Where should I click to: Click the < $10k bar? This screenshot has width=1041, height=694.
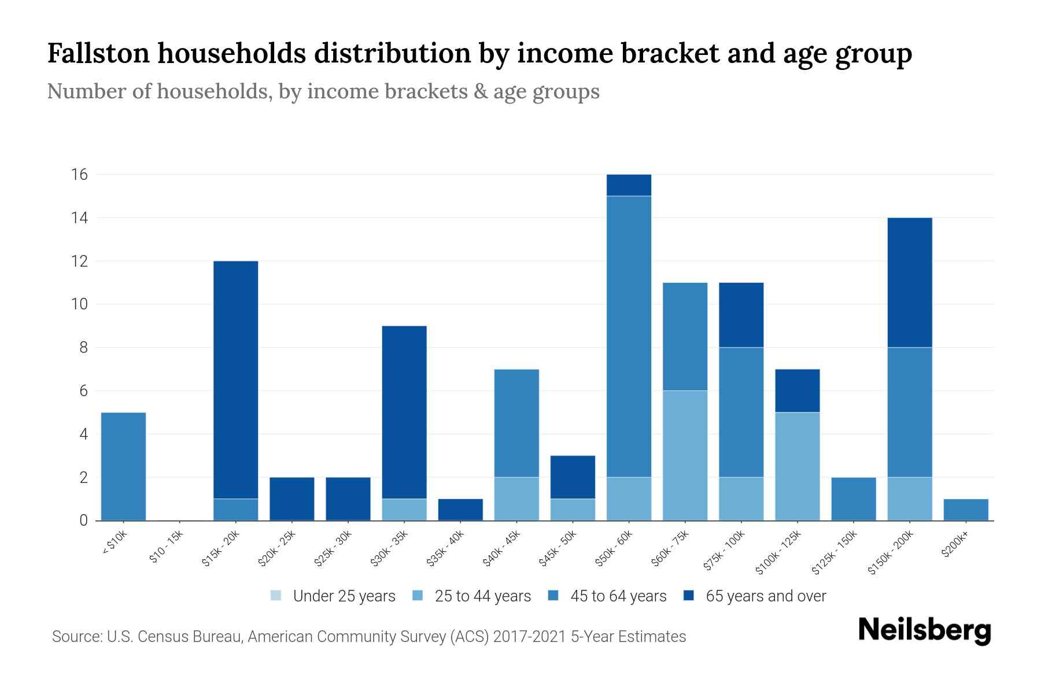pyautogui.click(x=123, y=466)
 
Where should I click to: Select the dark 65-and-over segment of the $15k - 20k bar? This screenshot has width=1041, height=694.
pyautogui.click(x=235, y=379)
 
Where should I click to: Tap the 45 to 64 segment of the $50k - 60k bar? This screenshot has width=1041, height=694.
pyautogui.click(x=629, y=337)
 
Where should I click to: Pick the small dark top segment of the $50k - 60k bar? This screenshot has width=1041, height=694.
pyautogui.click(x=629, y=185)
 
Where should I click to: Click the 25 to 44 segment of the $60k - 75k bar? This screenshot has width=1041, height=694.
pyautogui.click(x=685, y=455)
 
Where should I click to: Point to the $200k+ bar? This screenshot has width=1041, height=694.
pyautogui.click(x=965, y=510)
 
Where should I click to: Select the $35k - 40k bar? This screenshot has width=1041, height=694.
pyautogui.click(x=460, y=510)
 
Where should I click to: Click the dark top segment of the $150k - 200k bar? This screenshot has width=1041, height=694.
pyautogui.click(x=909, y=282)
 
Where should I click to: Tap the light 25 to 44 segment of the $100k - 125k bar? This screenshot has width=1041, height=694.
pyautogui.click(x=797, y=466)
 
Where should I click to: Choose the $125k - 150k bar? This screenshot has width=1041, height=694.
pyautogui.click(x=853, y=499)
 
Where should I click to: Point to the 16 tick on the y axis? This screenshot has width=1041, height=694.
pyautogui.click(x=79, y=174)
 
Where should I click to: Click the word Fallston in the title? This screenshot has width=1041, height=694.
pyautogui.click(x=98, y=53)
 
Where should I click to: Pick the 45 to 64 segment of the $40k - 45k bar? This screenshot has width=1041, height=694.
pyautogui.click(x=516, y=423)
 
